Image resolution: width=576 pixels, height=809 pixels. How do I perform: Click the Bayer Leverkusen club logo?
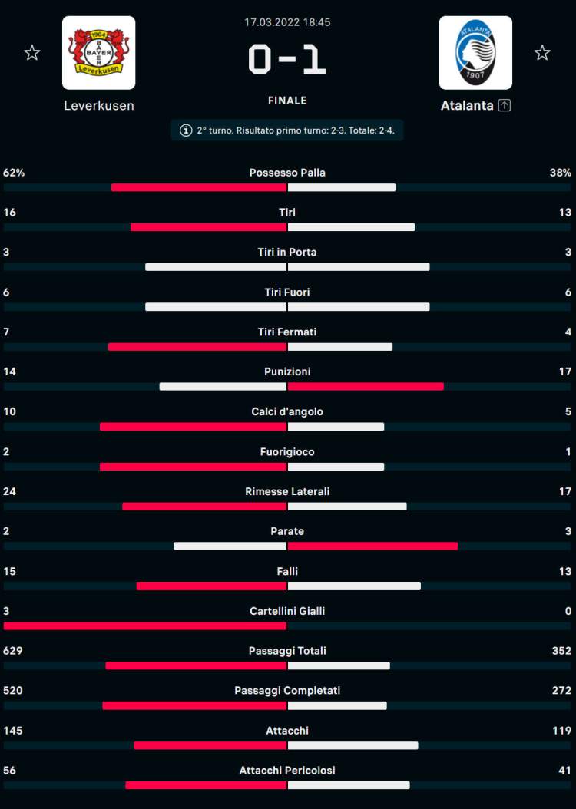click(x=98, y=52)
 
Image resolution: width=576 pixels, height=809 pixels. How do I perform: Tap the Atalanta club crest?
click(x=475, y=52)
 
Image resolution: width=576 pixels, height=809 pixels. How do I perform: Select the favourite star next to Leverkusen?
click(x=31, y=52)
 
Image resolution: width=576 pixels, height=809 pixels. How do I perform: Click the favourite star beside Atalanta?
click(x=542, y=52)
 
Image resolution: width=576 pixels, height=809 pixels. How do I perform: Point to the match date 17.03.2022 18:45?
click(x=287, y=22)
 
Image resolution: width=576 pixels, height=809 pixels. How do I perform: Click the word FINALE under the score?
click(x=287, y=101)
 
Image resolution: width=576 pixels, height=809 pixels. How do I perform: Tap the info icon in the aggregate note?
click(x=185, y=130)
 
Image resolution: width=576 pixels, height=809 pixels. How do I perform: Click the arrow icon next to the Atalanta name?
click(x=504, y=106)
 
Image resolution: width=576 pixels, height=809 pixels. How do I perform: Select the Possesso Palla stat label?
click(x=287, y=173)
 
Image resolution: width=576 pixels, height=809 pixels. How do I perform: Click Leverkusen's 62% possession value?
click(x=14, y=173)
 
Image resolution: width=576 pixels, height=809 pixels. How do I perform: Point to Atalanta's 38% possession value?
click(x=561, y=173)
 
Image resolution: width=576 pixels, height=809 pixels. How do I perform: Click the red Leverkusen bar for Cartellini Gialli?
click(x=145, y=626)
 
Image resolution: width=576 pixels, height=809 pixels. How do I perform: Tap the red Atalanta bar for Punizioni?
click(x=366, y=386)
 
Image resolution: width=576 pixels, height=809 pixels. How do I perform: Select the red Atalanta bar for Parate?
click(x=372, y=546)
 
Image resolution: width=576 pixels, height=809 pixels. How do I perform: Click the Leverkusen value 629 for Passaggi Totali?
click(x=13, y=651)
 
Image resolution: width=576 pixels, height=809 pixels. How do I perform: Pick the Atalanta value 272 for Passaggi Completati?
click(x=561, y=691)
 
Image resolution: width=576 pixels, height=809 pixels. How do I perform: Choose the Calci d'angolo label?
click(x=287, y=412)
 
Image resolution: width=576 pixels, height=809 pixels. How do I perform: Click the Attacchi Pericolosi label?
click(x=287, y=771)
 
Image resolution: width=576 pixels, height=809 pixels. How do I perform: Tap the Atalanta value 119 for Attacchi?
click(x=561, y=731)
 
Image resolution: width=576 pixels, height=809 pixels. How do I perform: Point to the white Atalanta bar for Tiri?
click(x=351, y=226)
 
